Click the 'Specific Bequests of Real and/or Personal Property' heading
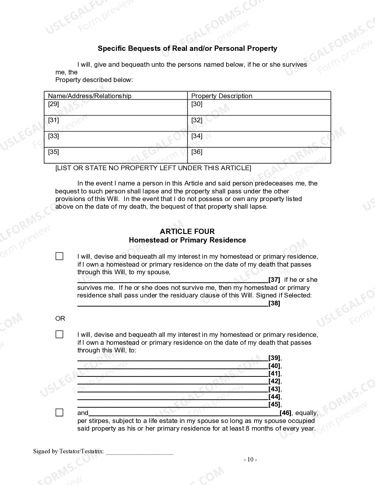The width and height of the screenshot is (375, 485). [187, 48]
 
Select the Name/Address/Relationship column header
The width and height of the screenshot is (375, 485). [89, 96]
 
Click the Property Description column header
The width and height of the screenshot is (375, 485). [221, 96]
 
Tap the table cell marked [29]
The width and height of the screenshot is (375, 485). [116, 107]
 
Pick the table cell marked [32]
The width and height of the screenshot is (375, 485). [259, 123]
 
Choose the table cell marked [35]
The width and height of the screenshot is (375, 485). [116, 155]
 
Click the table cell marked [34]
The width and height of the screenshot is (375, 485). [259, 139]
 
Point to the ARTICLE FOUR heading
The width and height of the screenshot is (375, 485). [187, 231]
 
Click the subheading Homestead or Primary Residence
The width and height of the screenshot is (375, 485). [187, 240]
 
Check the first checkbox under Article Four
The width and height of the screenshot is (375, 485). [59, 256]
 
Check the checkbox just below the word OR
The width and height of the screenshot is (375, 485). [59, 335]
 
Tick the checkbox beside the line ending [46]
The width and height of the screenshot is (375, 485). [59, 413]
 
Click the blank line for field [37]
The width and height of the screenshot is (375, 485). [173, 280]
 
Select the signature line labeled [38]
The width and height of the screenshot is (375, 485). [173, 304]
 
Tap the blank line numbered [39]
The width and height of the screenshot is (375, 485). [173, 358]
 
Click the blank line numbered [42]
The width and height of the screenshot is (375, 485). [173, 382]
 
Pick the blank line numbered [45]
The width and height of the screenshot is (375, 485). [173, 405]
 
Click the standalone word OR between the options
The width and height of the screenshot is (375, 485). [60, 319]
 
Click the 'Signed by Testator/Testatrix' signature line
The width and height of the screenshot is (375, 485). [139, 452]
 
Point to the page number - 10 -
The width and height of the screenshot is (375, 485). [250, 460]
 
